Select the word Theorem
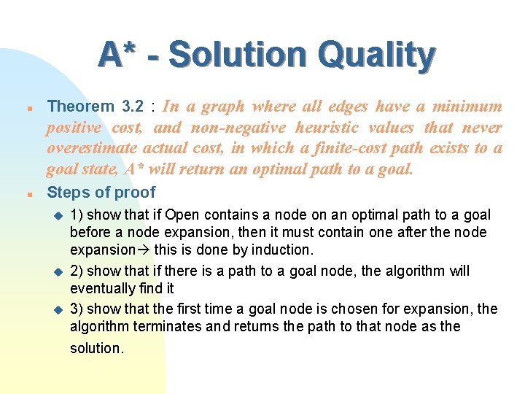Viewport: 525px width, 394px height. pos(80,107)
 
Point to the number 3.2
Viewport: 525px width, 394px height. pos(133,107)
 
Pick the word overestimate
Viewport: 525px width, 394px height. pos(92,149)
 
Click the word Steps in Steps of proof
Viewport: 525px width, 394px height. pos(67,193)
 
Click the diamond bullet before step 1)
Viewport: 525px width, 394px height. pos(59,215)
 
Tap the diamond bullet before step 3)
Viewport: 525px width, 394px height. pos(59,309)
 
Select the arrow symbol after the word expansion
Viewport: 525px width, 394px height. pos(144,250)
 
